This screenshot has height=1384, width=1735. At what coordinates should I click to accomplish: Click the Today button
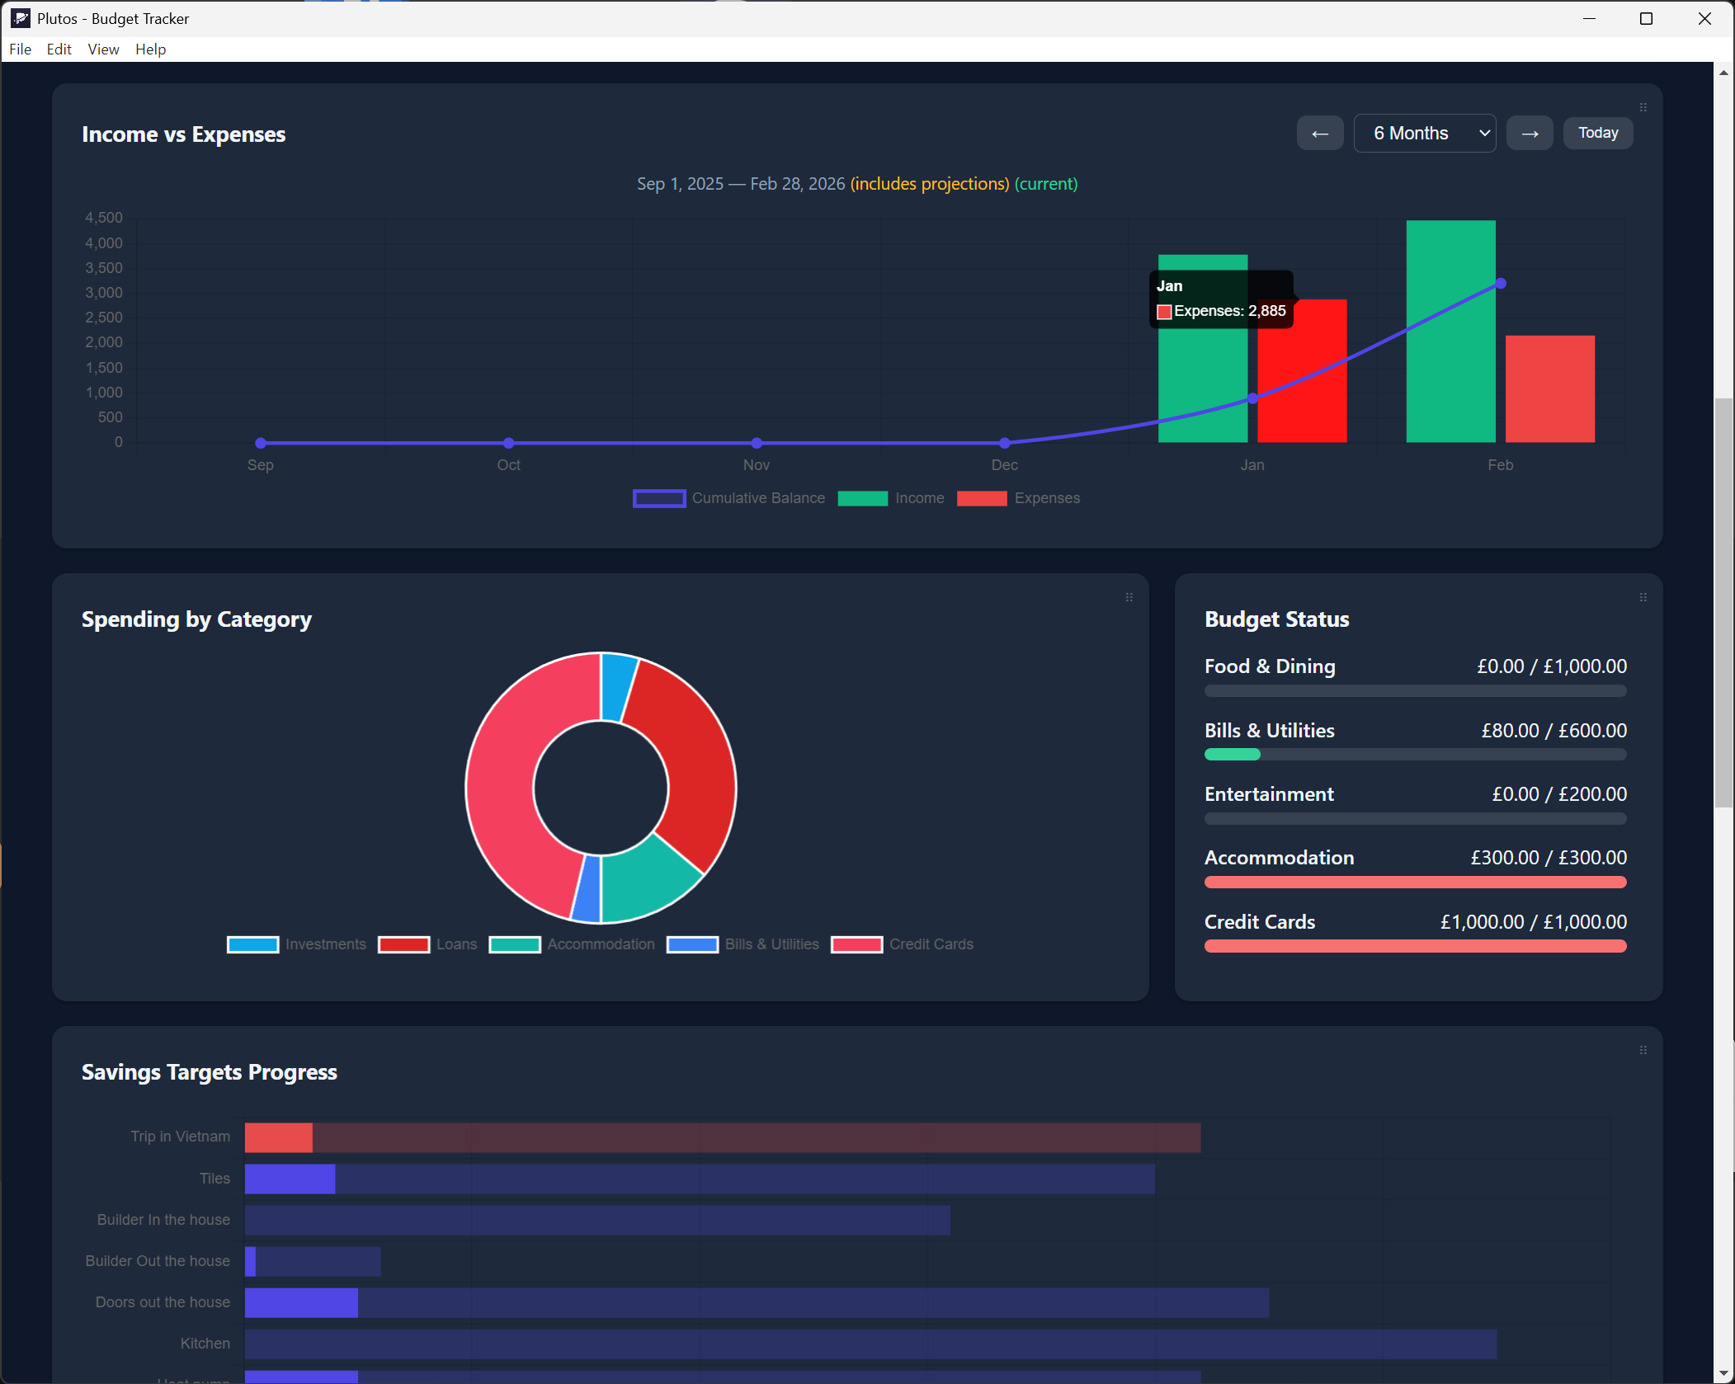coord(1597,133)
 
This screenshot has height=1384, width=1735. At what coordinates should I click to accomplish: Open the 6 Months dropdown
coord(1424,133)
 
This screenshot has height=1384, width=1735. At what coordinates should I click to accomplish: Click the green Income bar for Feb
coord(1450,331)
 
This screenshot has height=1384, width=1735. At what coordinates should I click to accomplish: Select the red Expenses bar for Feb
coord(1549,388)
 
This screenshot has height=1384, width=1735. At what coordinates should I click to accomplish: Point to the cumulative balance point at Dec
coord(1004,443)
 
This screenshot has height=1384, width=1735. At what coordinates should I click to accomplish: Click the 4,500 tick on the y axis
coord(104,218)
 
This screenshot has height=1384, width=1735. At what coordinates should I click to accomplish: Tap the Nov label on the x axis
coord(756,465)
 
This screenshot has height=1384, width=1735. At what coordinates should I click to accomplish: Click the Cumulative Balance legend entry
coord(729,498)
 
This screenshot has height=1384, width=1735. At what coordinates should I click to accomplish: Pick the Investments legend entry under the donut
coord(297,944)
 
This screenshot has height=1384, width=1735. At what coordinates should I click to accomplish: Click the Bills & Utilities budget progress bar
coord(1414,754)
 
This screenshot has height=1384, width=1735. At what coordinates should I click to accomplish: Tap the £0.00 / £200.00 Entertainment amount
coord(1558,794)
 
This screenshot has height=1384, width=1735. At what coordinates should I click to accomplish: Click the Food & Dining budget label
coord(1269,666)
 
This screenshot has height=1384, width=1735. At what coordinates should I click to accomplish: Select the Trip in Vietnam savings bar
coord(722,1137)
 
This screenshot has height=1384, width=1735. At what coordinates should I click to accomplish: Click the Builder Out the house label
coord(158,1261)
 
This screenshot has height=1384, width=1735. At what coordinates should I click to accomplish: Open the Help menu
coord(150,49)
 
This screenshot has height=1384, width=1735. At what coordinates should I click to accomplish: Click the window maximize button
coord(1646,18)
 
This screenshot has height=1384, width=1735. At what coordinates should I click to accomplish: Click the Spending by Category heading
coord(196,619)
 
